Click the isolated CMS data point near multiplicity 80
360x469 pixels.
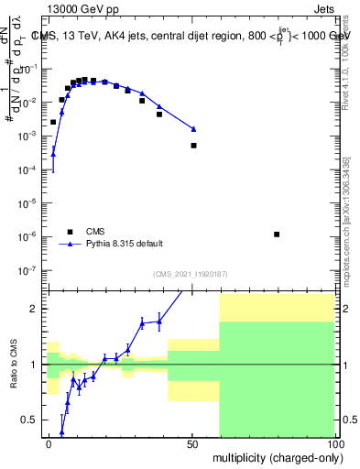point(277,234)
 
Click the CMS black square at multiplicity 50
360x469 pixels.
point(193,146)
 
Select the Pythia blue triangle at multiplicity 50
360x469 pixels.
point(193,129)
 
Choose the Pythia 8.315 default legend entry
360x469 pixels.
point(124,244)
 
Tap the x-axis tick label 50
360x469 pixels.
point(192,443)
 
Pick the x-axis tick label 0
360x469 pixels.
point(49,443)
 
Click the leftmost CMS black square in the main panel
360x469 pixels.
point(53,122)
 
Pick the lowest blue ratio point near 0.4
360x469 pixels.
point(62,431)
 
